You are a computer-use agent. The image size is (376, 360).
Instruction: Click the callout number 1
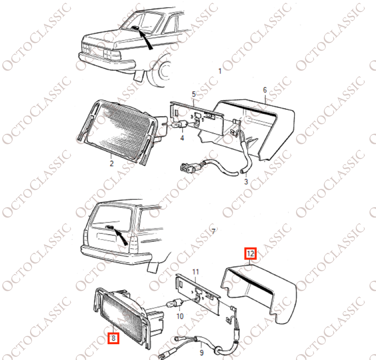click(220, 71)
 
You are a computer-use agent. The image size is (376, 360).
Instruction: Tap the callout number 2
click(112, 163)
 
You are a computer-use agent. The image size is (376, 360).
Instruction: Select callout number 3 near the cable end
click(246, 181)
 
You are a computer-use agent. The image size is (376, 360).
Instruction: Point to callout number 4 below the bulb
click(182, 138)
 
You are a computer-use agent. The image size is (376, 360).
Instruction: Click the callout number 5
click(194, 94)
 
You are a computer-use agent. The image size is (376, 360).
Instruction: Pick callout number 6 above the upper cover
click(265, 90)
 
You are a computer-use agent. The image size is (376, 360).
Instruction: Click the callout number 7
click(213, 231)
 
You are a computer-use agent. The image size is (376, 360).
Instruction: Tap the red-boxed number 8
click(113, 338)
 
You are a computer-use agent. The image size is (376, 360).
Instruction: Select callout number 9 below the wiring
click(202, 353)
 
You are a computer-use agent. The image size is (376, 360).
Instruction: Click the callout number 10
click(180, 316)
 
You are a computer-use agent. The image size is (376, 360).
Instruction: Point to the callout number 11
click(196, 272)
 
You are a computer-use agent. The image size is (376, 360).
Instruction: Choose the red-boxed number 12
click(250, 254)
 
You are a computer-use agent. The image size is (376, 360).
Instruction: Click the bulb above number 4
click(181, 125)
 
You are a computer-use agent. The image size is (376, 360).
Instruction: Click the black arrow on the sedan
click(145, 39)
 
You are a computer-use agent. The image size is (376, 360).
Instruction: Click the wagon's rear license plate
click(106, 237)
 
